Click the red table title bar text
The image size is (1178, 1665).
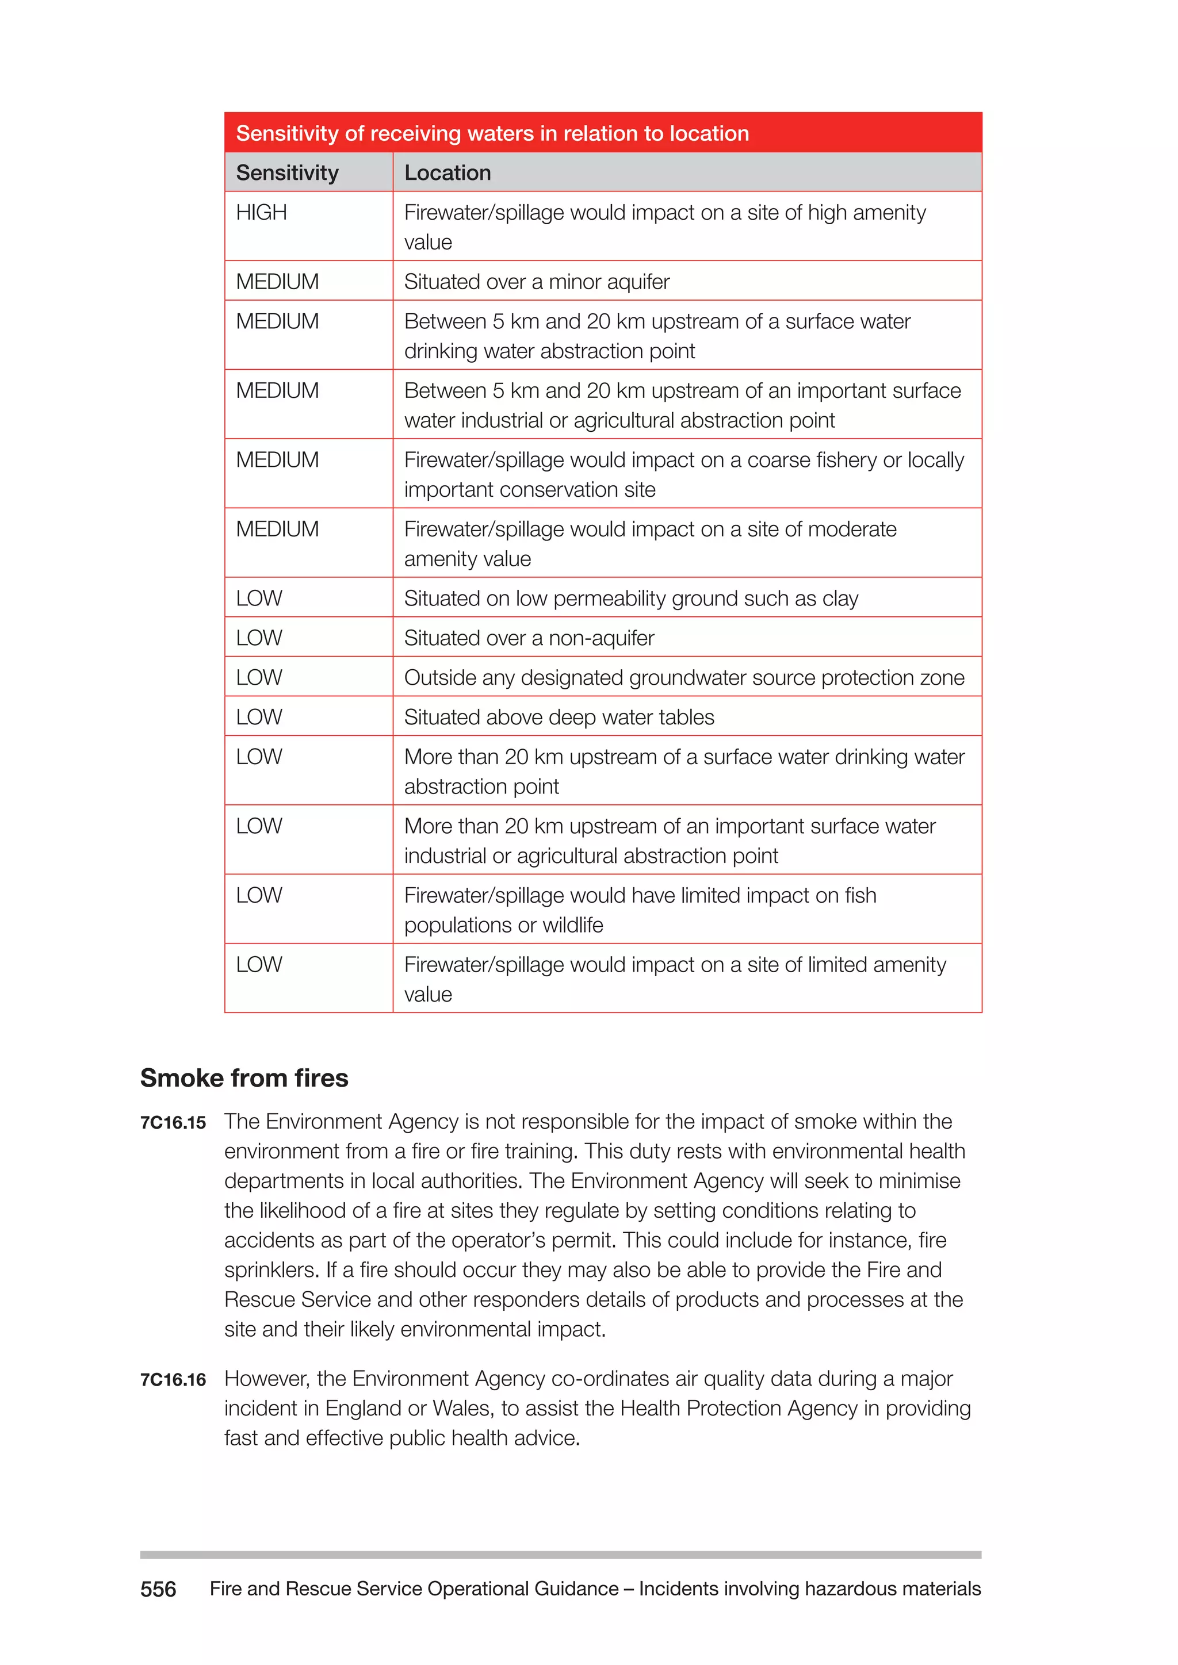click(492, 133)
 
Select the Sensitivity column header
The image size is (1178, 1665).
click(287, 172)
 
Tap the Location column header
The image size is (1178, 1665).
click(448, 172)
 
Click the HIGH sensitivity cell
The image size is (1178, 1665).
click(261, 213)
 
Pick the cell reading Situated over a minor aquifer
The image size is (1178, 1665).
click(537, 281)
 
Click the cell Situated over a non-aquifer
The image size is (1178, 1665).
click(529, 638)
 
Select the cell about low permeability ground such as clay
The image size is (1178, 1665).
click(631, 599)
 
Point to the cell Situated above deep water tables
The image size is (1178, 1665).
click(559, 717)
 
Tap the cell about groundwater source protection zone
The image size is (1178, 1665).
click(684, 677)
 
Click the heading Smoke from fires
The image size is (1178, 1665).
click(244, 1077)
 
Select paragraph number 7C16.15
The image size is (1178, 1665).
click(173, 1123)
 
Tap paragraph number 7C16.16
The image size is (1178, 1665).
click(173, 1379)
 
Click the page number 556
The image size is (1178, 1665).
click(158, 1589)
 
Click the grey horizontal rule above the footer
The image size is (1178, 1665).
click(560, 1555)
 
